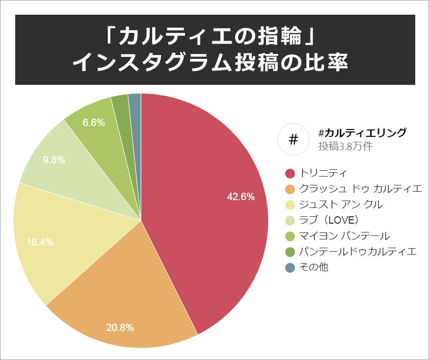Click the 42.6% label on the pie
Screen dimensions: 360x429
pos(241,197)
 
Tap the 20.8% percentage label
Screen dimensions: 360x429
pos(120,327)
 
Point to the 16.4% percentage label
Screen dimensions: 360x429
pos(40,242)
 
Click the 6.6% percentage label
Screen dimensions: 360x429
pos(94,123)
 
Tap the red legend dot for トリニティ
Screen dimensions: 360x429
pos(290,173)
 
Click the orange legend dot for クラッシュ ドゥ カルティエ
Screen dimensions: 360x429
pos(290,189)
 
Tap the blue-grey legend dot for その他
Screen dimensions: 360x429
pos(290,267)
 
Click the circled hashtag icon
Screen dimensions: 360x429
pos(293,139)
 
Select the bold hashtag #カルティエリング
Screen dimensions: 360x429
pos(362,132)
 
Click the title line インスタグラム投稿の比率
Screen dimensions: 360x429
pos(214,63)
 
